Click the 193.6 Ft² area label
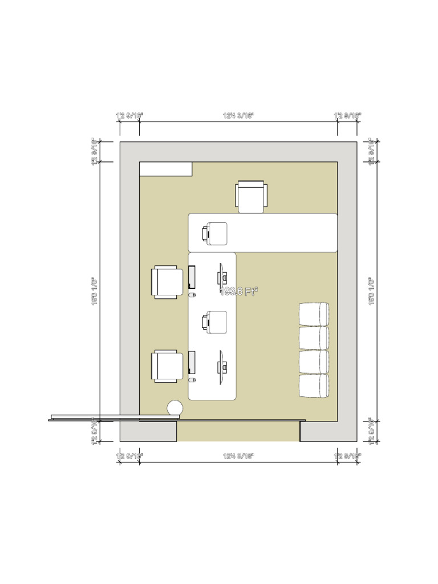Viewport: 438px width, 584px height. (x=239, y=291)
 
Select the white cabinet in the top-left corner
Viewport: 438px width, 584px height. (x=165, y=169)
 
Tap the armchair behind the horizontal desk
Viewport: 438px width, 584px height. (x=251, y=197)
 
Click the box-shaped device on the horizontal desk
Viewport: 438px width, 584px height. (x=214, y=234)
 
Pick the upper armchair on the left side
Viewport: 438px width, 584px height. (x=167, y=282)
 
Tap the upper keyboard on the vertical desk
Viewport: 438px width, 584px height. (x=192, y=277)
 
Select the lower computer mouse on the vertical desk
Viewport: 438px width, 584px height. (x=192, y=379)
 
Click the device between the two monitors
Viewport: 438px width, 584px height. (x=215, y=322)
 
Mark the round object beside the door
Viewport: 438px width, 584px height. (x=175, y=408)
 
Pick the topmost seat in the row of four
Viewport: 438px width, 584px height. (x=314, y=314)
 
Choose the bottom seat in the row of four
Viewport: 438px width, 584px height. (x=314, y=386)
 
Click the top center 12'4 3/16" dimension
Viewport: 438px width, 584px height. (x=238, y=115)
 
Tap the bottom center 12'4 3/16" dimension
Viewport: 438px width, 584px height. (x=238, y=456)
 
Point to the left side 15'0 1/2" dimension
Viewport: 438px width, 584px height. (x=94, y=291)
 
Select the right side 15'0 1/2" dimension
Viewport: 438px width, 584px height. (x=371, y=291)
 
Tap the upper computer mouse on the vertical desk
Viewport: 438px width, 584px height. (x=192, y=295)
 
